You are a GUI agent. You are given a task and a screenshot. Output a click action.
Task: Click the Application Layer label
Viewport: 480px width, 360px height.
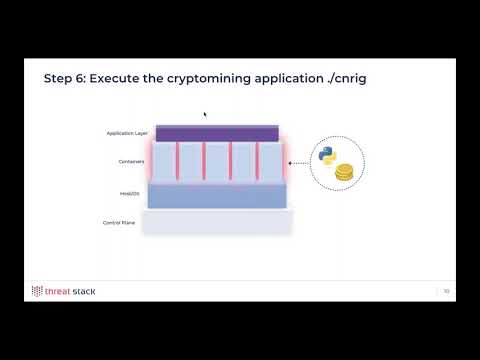[x=127, y=132]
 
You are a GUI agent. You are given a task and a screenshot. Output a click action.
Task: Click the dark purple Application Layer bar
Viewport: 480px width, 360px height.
[x=217, y=133]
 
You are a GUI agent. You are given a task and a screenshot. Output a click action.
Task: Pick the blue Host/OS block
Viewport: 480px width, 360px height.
[x=217, y=195]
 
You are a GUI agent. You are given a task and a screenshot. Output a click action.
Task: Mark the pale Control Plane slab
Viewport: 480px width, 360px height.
[x=217, y=222]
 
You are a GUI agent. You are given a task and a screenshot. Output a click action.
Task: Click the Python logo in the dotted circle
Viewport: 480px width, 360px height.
[x=327, y=155]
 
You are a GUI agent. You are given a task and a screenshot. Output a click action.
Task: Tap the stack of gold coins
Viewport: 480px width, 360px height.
[x=345, y=172]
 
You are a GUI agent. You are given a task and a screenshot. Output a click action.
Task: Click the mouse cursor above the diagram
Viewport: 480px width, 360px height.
[x=205, y=114]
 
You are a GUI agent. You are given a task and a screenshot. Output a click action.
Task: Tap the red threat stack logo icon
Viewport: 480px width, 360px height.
[x=37, y=292]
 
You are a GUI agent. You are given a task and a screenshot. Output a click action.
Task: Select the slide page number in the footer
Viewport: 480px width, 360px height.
[x=446, y=292]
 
